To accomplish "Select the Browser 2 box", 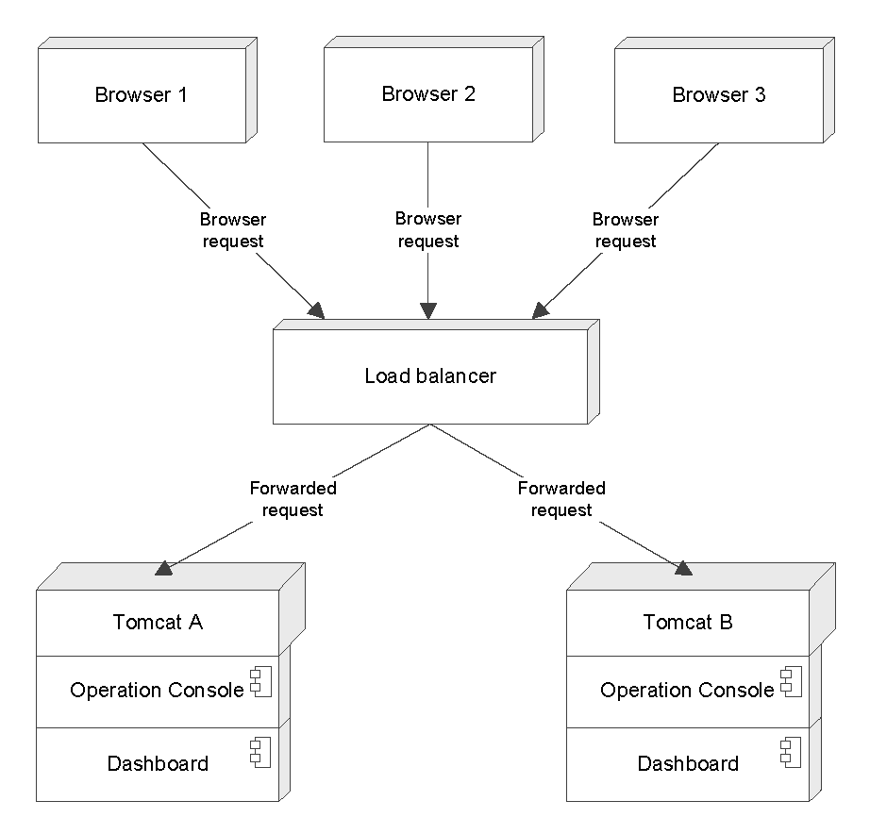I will point(428,93).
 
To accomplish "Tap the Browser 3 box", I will point(718,95).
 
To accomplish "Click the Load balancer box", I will point(430,376).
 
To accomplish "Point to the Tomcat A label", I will point(158,623).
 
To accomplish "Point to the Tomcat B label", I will point(688,623).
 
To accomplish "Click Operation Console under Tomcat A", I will point(157,691).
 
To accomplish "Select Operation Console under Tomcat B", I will point(687,691).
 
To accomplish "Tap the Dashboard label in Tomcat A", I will point(158,763).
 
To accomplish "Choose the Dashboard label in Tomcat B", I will point(688,763).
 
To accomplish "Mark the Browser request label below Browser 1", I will point(232,230).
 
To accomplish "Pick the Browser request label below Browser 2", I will point(428,230).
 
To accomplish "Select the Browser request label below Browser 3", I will point(625,230).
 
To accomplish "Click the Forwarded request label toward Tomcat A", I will point(293,499).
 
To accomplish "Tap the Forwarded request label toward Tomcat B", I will point(561,499).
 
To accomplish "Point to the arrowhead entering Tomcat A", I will point(164,568).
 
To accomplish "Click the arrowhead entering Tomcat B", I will point(683,568).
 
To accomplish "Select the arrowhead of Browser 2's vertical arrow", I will point(428,310).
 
